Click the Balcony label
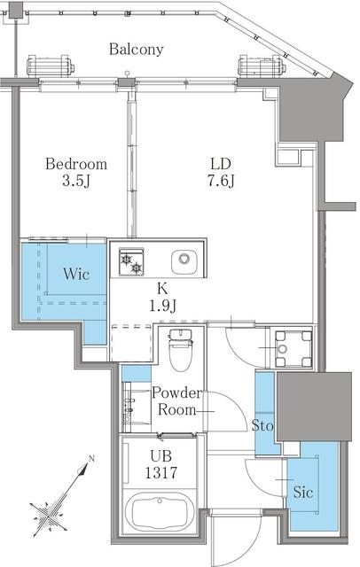click(137, 50)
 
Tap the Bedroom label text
click(76, 164)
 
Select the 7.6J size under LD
click(222, 181)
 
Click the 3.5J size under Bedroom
click(76, 181)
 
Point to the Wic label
click(76, 274)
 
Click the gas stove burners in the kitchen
click(131, 262)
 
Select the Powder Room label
click(177, 401)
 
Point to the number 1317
click(161, 472)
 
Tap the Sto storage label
click(262, 425)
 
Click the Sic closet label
click(303, 493)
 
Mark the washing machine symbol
click(293, 349)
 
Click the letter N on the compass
click(91, 459)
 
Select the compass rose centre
click(48, 514)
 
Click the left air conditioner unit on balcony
click(50, 66)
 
